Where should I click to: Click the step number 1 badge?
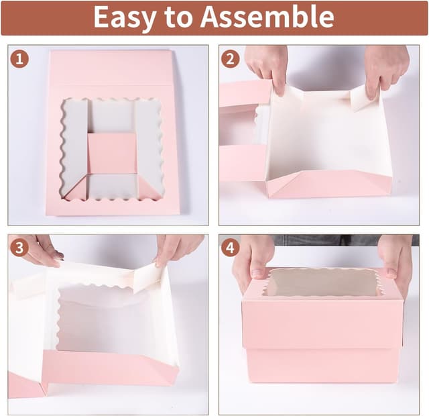pyautogui.click(x=19, y=59)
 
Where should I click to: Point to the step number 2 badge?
pyautogui.click(x=230, y=59)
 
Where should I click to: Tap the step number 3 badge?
pyautogui.click(x=19, y=248)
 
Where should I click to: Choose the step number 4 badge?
pyautogui.click(x=230, y=248)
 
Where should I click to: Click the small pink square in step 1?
pyautogui.click(x=112, y=153)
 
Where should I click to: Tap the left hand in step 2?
pyautogui.click(x=266, y=67)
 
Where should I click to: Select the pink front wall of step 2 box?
pyautogui.click(x=328, y=183)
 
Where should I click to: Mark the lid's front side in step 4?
pyautogui.click(x=322, y=324)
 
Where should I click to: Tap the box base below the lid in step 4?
pyautogui.click(x=322, y=366)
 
